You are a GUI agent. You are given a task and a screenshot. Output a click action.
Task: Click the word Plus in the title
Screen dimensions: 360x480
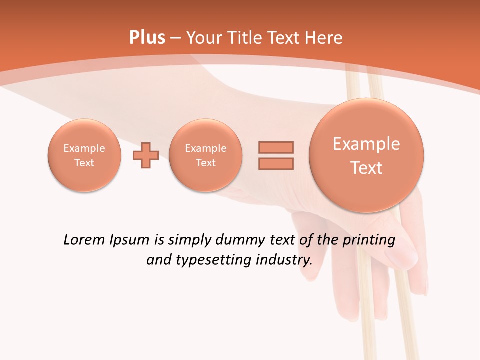coord(147,38)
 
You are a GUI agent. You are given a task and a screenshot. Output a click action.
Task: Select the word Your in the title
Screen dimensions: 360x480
coord(205,38)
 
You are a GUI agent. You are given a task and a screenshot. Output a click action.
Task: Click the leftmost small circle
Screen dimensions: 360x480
coord(84,155)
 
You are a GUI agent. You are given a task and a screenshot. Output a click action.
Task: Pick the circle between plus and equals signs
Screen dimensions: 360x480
coord(206,155)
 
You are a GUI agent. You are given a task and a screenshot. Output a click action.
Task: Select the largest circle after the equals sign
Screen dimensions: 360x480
coord(366,155)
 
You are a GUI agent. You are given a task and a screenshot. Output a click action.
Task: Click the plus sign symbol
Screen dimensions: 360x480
coord(146,155)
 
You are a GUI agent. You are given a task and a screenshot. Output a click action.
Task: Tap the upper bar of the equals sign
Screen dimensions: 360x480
coord(276,147)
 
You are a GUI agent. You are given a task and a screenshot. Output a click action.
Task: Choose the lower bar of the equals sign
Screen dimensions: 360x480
coord(276,163)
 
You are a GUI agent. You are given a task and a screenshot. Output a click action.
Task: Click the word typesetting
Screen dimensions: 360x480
coord(209,260)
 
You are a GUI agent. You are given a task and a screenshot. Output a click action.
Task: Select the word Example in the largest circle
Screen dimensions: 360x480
coord(366,144)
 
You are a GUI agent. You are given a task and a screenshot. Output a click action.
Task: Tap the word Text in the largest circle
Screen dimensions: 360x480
coord(366,168)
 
